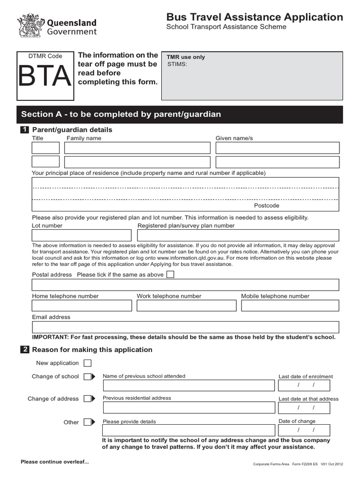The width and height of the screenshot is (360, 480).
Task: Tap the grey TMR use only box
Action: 252,75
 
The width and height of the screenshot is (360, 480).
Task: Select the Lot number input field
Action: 82,235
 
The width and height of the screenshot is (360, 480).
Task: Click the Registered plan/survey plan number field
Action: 238,235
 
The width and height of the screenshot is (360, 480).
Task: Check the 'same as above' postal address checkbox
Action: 170,274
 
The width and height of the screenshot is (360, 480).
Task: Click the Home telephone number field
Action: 82,306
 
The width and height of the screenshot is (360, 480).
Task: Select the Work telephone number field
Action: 187,306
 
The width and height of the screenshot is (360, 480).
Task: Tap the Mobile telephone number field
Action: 290,306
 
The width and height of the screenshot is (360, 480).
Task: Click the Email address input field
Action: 185,327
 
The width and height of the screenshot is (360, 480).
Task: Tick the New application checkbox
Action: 88,363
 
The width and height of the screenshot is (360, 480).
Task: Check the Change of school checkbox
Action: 88,376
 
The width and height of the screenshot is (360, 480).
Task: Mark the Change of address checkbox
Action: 88,398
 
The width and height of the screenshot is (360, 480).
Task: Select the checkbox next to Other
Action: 88,422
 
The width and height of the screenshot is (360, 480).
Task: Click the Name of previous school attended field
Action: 188,385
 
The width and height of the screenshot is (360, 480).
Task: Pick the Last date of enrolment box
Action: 304,385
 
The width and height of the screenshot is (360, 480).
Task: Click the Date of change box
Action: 304,430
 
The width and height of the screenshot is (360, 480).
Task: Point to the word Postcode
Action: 266,206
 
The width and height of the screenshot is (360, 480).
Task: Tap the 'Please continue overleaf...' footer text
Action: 54,462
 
